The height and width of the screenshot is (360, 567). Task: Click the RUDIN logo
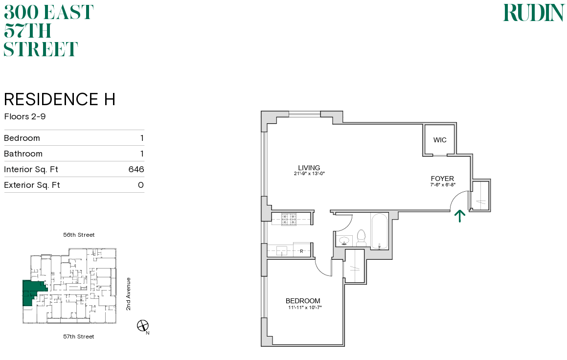coord(533,13)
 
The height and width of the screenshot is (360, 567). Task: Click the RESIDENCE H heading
coord(60,99)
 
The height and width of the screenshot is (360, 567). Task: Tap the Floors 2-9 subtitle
coord(24,116)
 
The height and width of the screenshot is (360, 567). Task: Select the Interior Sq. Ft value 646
coord(136,169)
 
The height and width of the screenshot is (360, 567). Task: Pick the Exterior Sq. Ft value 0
coord(140,185)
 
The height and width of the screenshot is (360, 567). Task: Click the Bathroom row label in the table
coord(23,154)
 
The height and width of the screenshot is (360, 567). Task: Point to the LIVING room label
coord(309,168)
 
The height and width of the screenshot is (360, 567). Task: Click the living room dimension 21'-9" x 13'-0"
coord(309,174)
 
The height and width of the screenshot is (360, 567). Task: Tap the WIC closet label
coord(440,140)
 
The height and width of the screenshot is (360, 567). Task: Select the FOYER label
coord(442,179)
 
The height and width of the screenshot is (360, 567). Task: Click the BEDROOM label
coord(303,301)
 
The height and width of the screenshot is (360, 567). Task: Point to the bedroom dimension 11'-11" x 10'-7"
coord(305,307)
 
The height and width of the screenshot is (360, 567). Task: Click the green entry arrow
coord(459,216)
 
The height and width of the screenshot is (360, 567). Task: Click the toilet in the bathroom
coord(362,239)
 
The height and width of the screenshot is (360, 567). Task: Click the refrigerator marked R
coord(302,251)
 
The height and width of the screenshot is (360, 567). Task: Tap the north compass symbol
coord(143,325)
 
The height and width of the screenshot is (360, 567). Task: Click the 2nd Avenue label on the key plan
coord(128,294)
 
